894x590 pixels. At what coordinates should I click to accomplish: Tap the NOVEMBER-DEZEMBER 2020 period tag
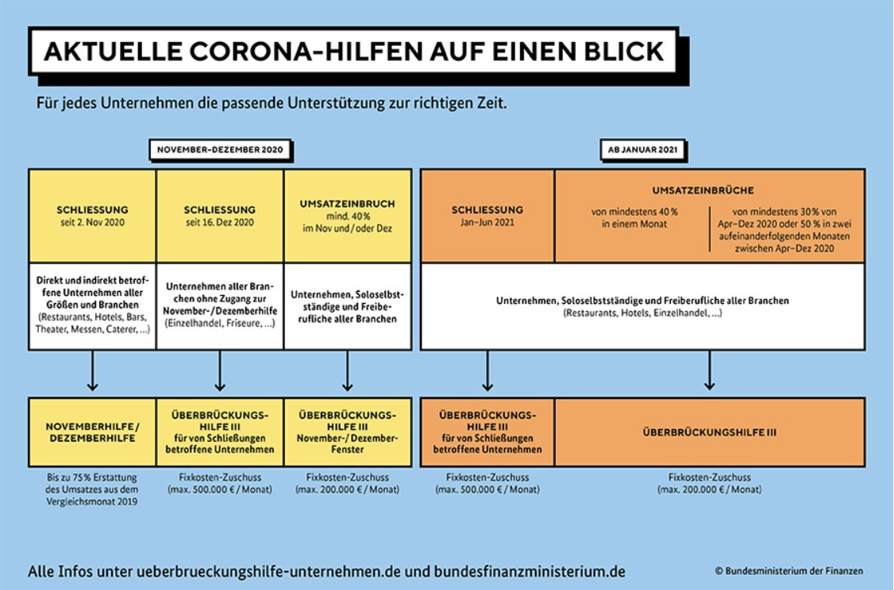[x=220, y=150]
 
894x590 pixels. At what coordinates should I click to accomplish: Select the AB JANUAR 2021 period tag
[x=642, y=150]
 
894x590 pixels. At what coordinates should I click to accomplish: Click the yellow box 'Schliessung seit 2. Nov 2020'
[x=92, y=216]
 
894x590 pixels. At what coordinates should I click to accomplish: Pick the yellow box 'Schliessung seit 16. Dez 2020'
[x=220, y=216]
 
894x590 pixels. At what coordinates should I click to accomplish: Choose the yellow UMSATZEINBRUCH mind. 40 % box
[x=348, y=216]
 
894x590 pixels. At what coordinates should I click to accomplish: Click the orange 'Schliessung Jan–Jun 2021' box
[x=487, y=216]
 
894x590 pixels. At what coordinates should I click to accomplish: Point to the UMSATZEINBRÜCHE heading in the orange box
[x=703, y=190]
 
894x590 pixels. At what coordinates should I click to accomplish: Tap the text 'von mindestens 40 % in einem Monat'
[x=634, y=217]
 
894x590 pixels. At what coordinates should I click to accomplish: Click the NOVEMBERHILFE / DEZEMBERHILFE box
[x=92, y=432]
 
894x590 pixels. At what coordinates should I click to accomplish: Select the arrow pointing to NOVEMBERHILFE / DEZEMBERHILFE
[x=92, y=371]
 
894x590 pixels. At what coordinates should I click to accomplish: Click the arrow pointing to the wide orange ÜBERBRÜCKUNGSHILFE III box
[x=709, y=371]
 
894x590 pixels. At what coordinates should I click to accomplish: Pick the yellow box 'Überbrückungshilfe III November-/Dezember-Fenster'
[x=348, y=432]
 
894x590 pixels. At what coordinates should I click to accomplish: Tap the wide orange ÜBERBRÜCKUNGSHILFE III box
[x=710, y=432]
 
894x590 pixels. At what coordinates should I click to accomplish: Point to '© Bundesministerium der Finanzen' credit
[x=789, y=571]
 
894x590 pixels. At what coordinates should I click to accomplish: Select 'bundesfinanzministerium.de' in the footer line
[x=530, y=571]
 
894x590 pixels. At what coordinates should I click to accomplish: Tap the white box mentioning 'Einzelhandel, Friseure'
[x=220, y=306]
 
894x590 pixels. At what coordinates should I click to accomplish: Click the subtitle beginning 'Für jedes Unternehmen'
[x=272, y=104]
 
